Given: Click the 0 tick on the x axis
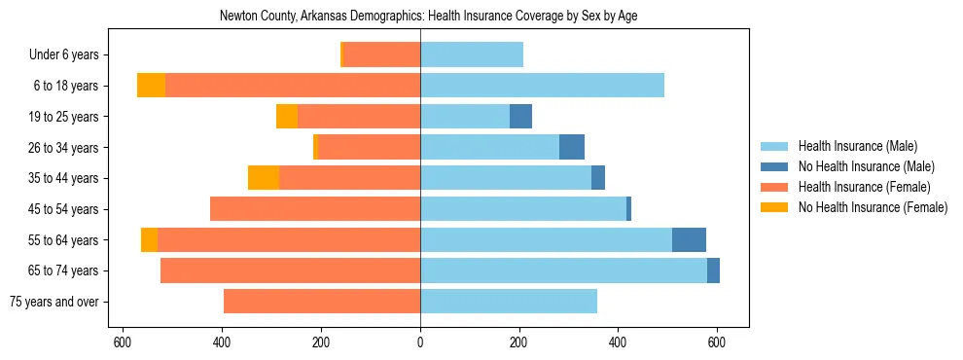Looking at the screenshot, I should coord(420,342).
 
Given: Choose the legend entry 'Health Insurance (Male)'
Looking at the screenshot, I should coord(857,146).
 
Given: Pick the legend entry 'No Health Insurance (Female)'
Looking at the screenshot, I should coord(873,207).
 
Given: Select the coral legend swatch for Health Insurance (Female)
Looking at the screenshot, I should coord(775,187).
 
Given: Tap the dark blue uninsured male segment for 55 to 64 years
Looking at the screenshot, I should coord(689,239).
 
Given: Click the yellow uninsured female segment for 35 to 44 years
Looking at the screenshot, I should coord(264,178).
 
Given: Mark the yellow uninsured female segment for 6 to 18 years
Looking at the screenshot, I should coord(151,86).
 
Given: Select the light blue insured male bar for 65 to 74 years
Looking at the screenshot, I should coord(563,270).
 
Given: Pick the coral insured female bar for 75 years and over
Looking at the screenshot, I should coord(322,302).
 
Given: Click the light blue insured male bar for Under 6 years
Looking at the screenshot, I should coord(472,55).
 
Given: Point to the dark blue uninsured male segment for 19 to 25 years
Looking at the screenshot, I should coord(520,117).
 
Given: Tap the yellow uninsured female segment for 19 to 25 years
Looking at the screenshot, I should coord(287,117).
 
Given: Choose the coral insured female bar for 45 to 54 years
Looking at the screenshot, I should coord(315,209).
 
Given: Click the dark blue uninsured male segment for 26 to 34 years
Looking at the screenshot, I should coord(572,148).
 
